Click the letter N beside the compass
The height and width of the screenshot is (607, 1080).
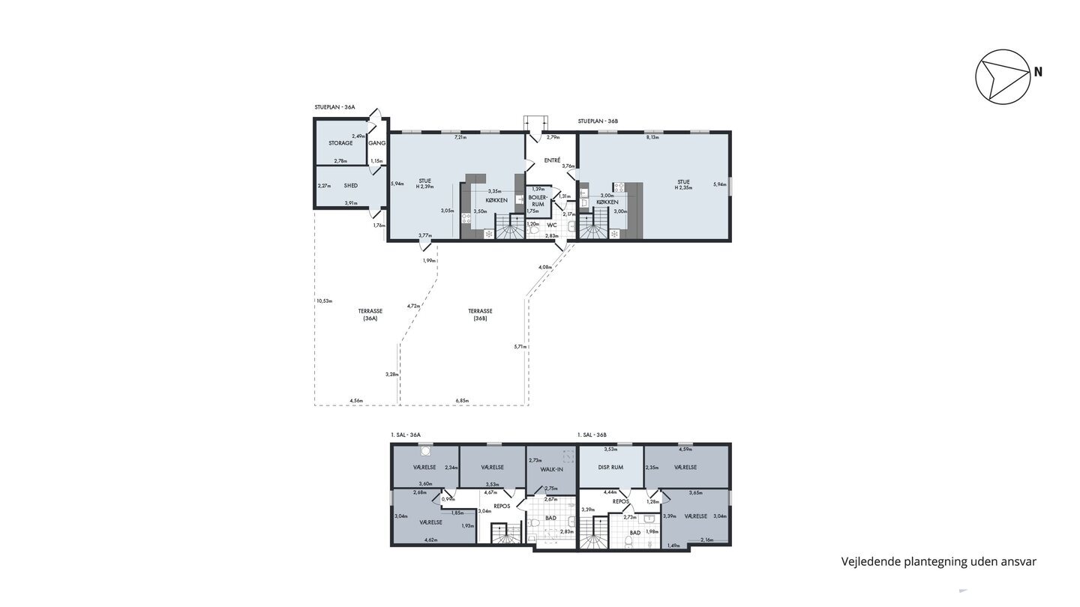[1038, 73]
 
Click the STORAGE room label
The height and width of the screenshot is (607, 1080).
[340, 143]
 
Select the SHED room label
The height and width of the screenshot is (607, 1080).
[350, 185]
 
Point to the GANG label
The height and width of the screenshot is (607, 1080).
[376, 143]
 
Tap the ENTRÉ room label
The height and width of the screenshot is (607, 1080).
[553, 160]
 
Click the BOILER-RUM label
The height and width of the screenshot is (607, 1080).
[538, 200]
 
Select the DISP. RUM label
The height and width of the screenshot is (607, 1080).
[610, 468]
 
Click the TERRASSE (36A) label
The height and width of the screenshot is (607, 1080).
[370, 314]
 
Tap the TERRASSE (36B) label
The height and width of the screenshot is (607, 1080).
[480, 314]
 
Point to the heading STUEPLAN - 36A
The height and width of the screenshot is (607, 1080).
[334, 108]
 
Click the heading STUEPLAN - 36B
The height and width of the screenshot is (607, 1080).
[598, 121]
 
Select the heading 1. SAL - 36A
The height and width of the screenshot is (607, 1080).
[406, 435]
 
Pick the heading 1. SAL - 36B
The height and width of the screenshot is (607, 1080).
[592, 435]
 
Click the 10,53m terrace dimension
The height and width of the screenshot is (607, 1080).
[324, 301]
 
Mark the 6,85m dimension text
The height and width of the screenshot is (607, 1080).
[461, 401]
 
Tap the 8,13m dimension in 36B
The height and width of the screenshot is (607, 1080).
[652, 138]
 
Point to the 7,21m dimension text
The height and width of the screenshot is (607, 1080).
[460, 138]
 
